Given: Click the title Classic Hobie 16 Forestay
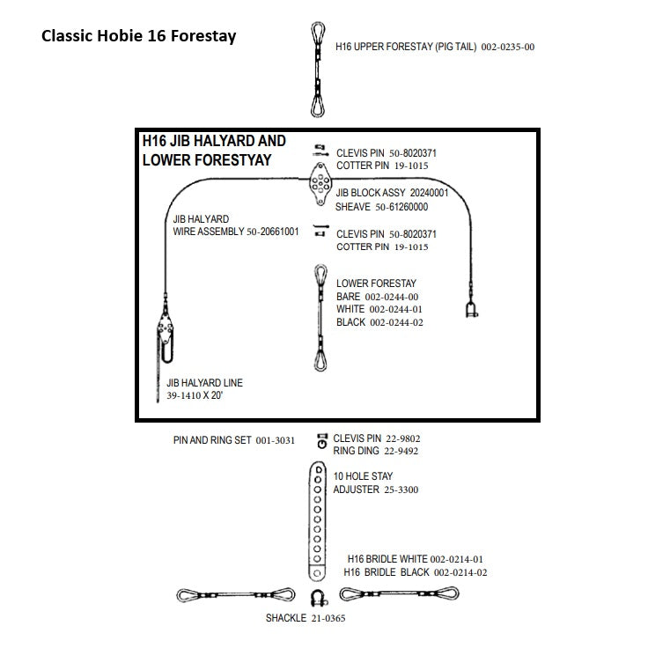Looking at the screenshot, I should coord(138,38).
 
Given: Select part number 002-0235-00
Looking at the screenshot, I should coord(508,47).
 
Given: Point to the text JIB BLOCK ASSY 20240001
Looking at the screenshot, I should coord(392,192).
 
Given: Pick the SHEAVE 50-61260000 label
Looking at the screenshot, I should coord(381,207).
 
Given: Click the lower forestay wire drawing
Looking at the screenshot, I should coord(319,318).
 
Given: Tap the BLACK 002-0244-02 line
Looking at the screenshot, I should coord(379,322).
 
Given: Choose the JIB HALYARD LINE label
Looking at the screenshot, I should coord(204,383).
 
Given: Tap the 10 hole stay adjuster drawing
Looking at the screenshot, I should coord(316,523).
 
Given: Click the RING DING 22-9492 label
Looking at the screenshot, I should coord(375,451).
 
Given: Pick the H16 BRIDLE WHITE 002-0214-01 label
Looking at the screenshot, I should coord(415,559).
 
